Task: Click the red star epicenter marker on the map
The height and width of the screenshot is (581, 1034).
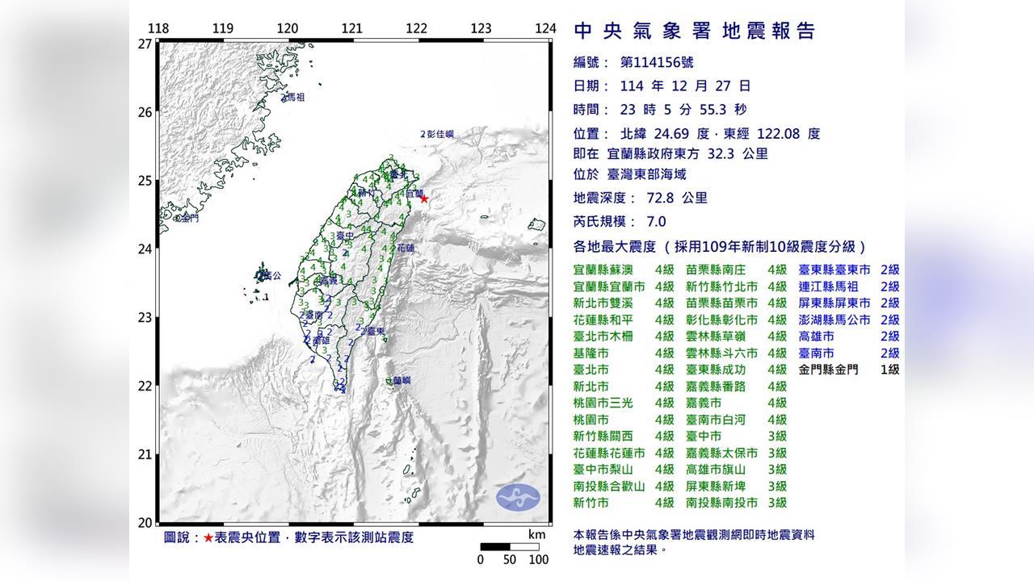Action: (x=424, y=199)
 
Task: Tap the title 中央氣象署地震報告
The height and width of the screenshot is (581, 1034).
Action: (x=695, y=31)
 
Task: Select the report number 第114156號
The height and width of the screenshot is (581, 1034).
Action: (x=656, y=62)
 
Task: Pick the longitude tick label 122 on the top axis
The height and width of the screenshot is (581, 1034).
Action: (x=416, y=28)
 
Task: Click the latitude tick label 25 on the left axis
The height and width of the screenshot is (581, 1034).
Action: (x=145, y=180)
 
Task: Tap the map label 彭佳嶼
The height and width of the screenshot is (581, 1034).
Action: (x=440, y=134)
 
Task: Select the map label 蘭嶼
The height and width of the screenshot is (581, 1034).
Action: (x=401, y=380)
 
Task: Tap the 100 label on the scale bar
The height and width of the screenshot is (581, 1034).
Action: (x=539, y=559)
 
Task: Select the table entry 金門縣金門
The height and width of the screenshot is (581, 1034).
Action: (x=830, y=370)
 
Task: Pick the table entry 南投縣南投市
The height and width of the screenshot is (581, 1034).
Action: (x=721, y=503)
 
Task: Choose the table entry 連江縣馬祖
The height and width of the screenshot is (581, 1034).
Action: (x=830, y=286)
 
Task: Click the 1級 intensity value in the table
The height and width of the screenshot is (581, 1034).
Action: (x=889, y=370)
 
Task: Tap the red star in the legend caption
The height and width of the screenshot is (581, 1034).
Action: (x=209, y=537)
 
